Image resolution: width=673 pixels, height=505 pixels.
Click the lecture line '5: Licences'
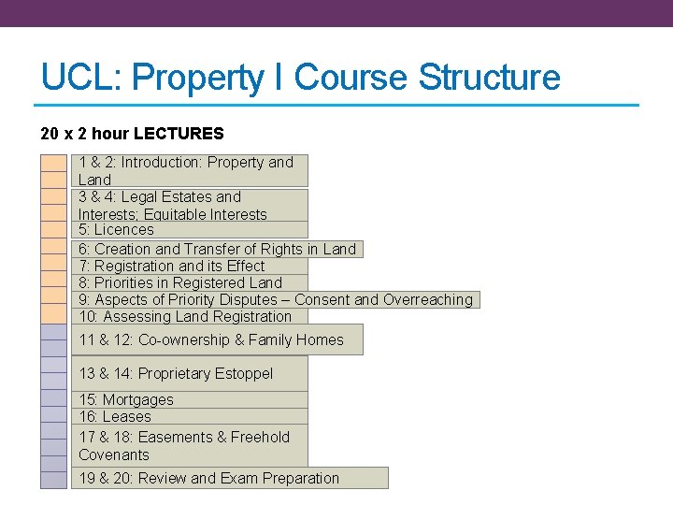[x=116, y=230]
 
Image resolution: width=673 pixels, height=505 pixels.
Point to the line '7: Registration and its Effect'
[x=171, y=266]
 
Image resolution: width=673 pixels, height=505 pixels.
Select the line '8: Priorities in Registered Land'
[x=179, y=282]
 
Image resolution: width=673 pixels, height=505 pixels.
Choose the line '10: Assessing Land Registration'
[x=184, y=316]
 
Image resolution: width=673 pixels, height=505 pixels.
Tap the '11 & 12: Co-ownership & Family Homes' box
[x=211, y=340]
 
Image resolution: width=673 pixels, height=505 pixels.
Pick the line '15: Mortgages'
[x=125, y=400]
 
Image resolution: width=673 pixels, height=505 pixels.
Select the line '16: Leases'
[x=114, y=417]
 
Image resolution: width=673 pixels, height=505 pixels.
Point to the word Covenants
[x=113, y=454]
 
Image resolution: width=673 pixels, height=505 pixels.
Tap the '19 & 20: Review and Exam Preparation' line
[x=208, y=478]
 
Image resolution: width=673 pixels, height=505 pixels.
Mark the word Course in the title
[x=354, y=78]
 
